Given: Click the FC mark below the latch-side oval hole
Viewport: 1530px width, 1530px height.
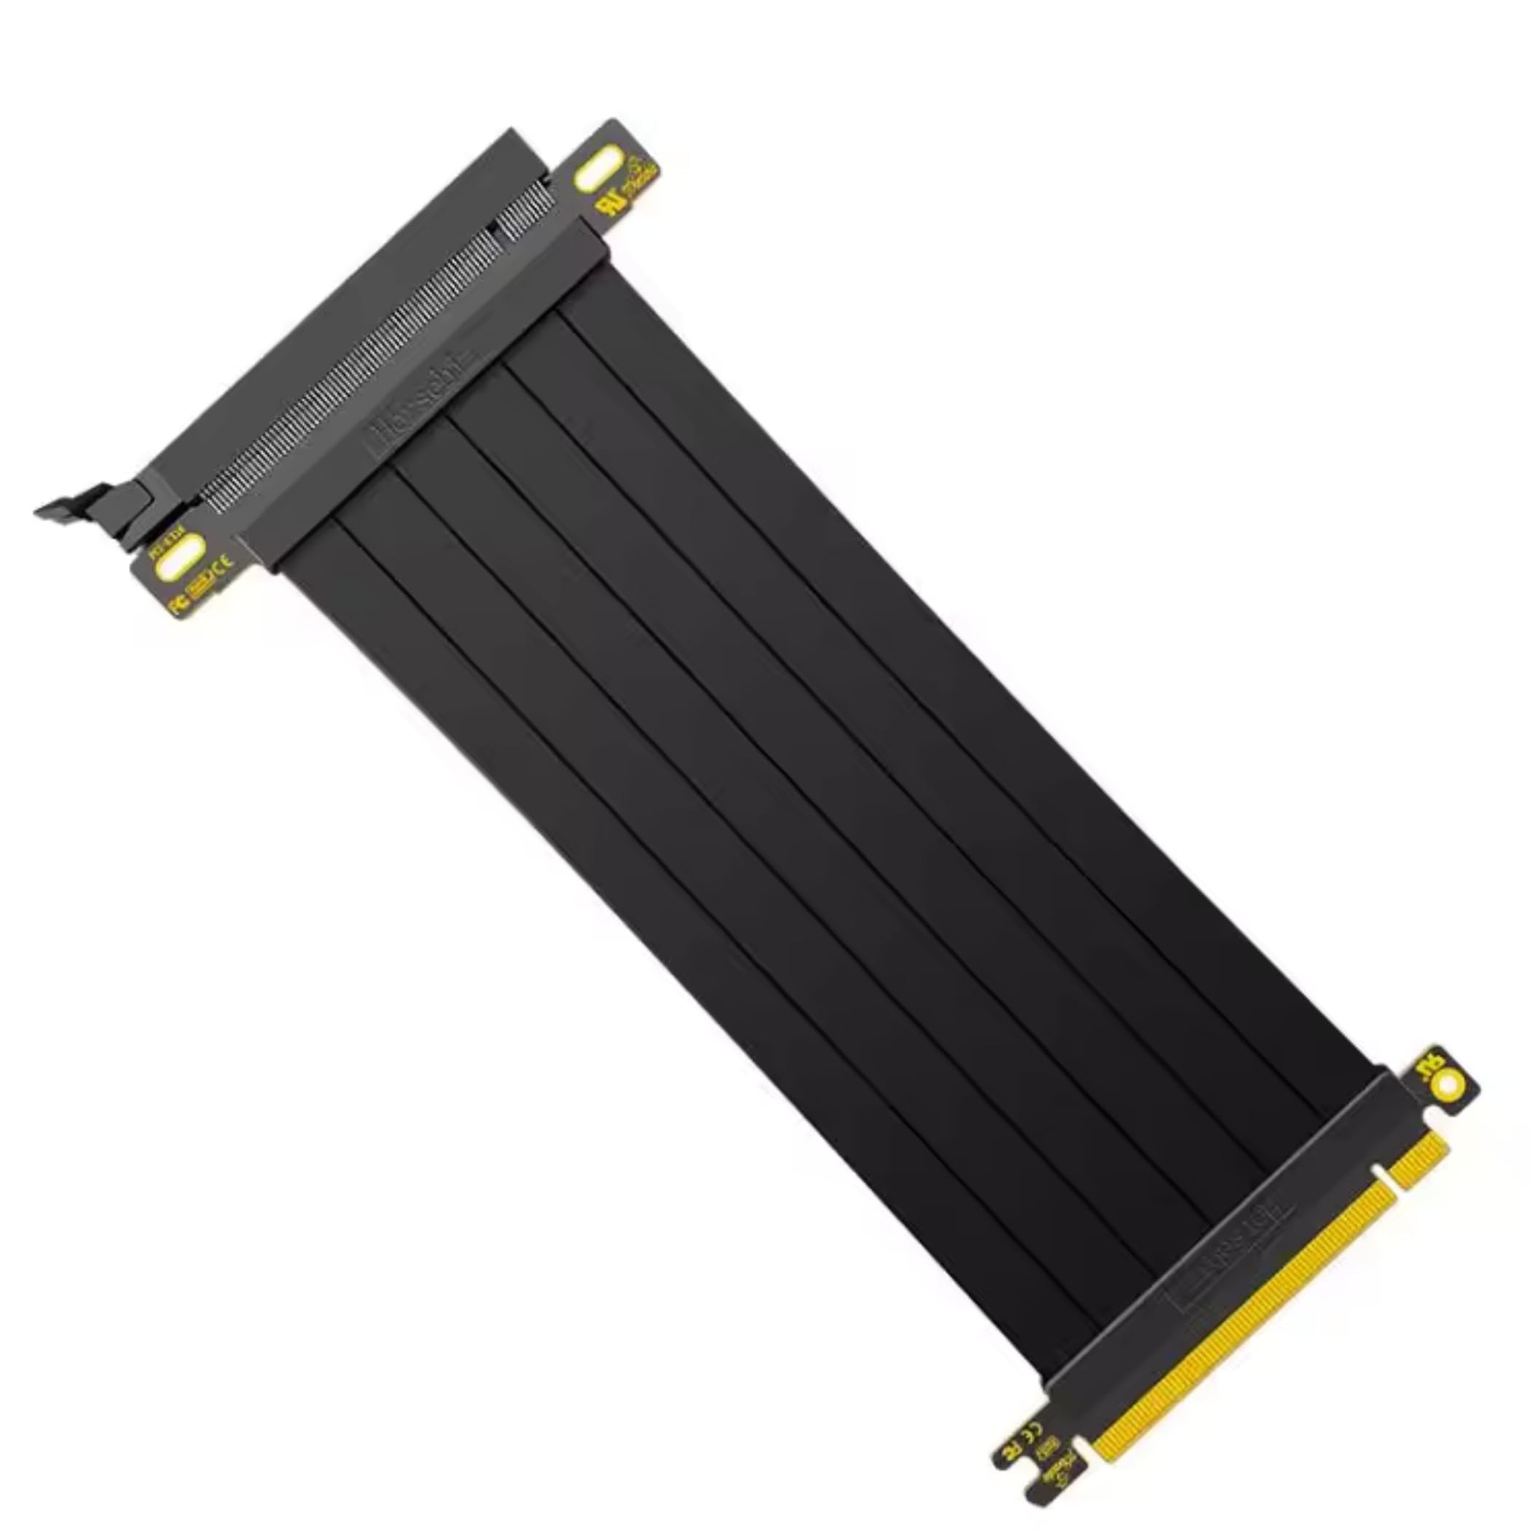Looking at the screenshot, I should tap(181, 603).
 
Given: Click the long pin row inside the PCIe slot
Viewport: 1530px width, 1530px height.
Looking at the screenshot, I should tap(348, 372).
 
